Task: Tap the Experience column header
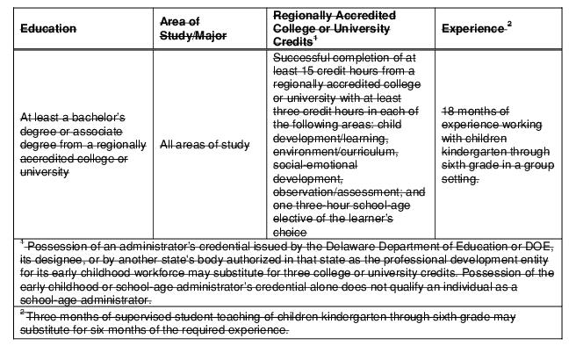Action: (x=474, y=29)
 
